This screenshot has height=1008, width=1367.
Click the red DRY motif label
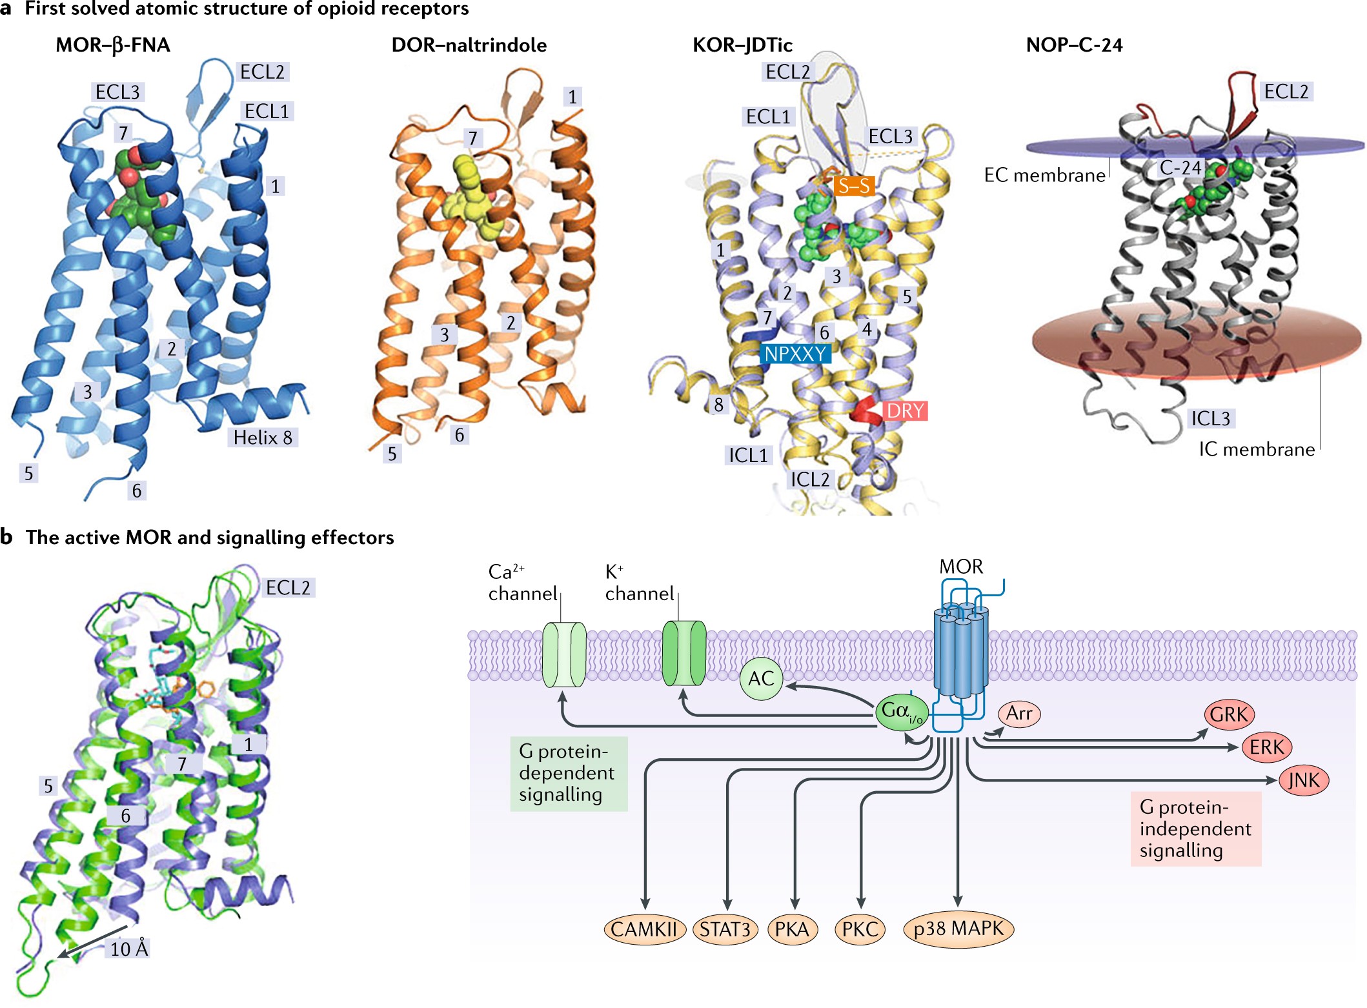pos(906,411)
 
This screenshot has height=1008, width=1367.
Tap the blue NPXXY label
pos(795,354)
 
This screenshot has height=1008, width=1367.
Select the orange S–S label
pos(854,186)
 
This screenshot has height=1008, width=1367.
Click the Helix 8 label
pos(263,438)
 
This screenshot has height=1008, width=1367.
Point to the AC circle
pos(761,678)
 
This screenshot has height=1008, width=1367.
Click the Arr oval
pos(1019,713)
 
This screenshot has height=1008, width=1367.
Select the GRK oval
pos(1229,714)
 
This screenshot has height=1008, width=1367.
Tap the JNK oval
pos(1304,780)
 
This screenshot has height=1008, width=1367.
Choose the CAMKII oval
pos(644,929)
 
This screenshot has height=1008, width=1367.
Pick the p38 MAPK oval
pos(958,929)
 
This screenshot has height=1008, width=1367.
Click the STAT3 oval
pos(725,929)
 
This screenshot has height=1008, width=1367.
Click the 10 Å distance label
pos(129,949)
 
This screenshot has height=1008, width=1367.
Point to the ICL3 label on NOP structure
pos(1210,418)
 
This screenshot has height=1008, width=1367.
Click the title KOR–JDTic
pos(742,45)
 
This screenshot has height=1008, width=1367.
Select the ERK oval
pos(1266,747)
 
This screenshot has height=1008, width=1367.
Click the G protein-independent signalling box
pos(1195,829)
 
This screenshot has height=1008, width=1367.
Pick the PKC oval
pos(860,929)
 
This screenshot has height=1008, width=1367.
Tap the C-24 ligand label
pos(1180,168)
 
